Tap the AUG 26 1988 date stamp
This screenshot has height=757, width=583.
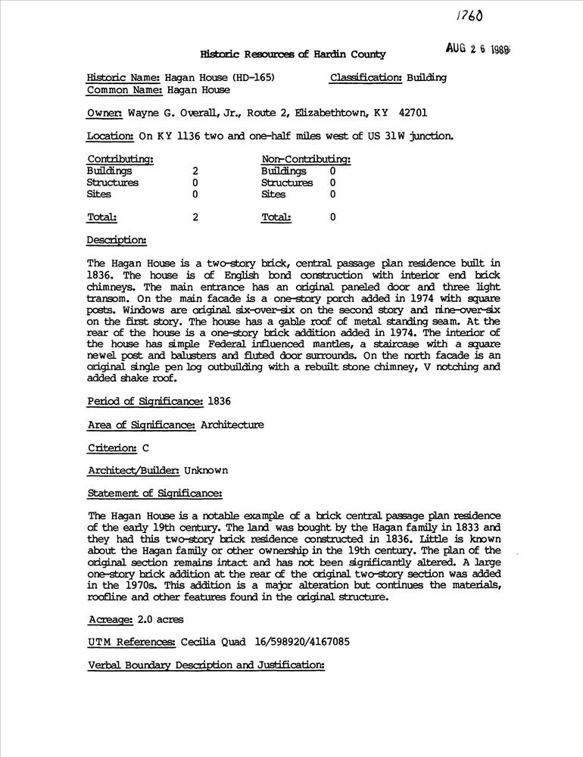point(477,49)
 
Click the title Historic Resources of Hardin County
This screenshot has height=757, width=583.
point(293,55)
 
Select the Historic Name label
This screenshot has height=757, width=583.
point(124,77)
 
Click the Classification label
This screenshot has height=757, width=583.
point(366,77)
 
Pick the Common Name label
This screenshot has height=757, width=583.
point(125,90)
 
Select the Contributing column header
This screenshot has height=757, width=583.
point(120,160)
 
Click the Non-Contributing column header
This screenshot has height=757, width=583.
point(306,160)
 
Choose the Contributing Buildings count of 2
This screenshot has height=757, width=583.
point(195,171)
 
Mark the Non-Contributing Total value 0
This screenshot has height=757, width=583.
point(332,217)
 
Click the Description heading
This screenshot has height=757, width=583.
point(117,240)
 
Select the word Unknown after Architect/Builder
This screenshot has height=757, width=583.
point(206,471)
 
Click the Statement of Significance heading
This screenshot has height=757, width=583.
point(154,494)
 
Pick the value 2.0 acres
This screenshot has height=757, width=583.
point(160,619)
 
